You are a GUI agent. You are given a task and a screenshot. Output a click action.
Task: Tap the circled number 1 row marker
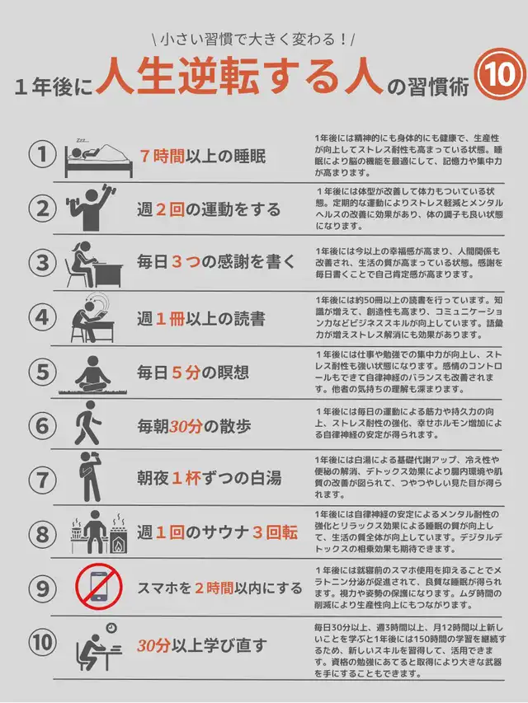pyautogui.click(x=42, y=155)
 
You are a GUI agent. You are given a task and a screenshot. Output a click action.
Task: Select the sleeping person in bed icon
pyautogui.click(x=99, y=158)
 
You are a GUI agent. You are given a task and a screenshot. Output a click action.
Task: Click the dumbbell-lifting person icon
pyautogui.click(x=91, y=207)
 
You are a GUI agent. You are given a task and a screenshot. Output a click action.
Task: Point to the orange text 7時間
pyautogui.click(x=162, y=156)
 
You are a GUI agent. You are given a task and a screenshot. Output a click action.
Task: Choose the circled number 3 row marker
pyautogui.click(x=42, y=263)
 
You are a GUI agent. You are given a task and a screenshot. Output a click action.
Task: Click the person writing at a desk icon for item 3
pyautogui.click(x=93, y=265)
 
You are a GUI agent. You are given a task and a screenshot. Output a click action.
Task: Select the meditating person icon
pyautogui.click(x=92, y=375)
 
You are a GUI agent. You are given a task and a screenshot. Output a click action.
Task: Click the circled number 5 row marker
pyautogui.click(x=42, y=372)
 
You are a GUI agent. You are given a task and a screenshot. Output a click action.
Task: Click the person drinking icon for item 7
pyautogui.click(x=90, y=477)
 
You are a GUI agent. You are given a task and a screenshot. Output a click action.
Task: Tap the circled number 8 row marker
pyautogui.click(x=42, y=534)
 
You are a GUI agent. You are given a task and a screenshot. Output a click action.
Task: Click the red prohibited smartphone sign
pyautogui.click(x=99, y=587)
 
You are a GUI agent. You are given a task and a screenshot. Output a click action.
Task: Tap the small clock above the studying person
pyautogui.click(x=111, y=628)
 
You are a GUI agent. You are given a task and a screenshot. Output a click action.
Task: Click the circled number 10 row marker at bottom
pyautogui.click(x=42, y=643)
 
